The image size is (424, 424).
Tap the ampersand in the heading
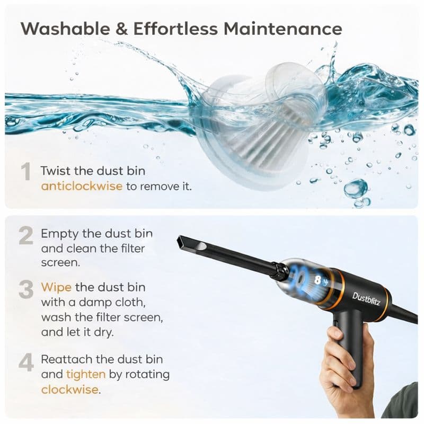pos(121,29)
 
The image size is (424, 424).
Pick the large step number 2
pos(25,236)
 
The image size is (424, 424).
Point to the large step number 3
pos(25,289)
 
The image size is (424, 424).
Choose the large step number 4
pos(25,363)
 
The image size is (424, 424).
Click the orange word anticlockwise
pos(82,187)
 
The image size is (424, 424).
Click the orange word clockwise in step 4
pos(70,389)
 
